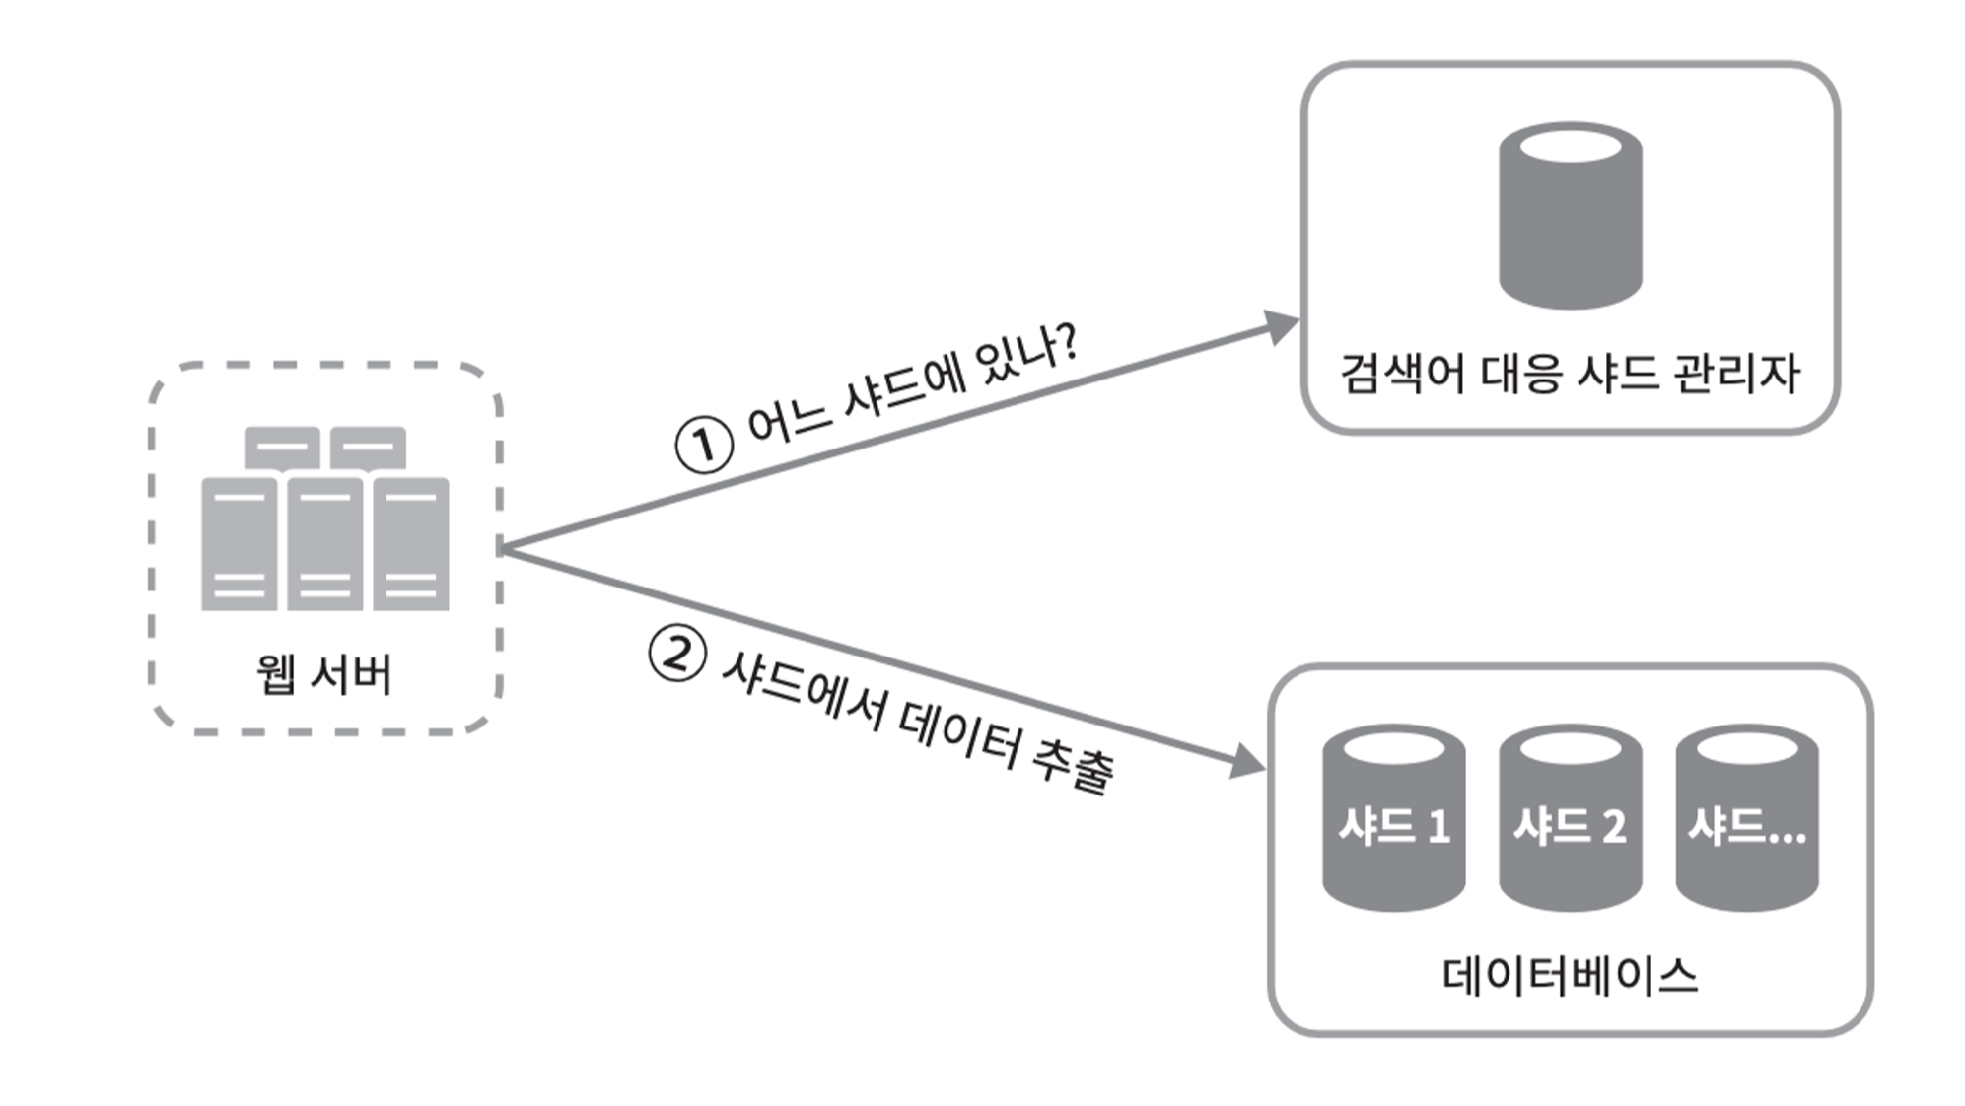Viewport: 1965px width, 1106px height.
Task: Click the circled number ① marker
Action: tap(704, 445)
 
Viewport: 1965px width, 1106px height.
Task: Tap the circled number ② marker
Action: tap(677, 655)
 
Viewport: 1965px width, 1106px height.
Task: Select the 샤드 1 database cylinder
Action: tap(1393, 818)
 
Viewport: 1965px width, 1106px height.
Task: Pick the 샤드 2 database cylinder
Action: tap(1570, 818)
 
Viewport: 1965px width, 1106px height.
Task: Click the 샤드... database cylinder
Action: tap(1746, 818)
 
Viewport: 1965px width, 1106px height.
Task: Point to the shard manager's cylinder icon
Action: tap(1570, 216)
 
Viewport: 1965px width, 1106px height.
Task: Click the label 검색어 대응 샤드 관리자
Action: tap(1570, 374)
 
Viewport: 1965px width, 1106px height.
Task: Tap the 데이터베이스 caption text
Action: tap(1570, 976)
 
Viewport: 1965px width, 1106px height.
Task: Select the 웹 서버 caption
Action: tap(324, 674)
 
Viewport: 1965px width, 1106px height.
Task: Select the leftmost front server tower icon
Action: tap(239, 544)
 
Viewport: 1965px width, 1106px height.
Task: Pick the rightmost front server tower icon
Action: tap(411, 544)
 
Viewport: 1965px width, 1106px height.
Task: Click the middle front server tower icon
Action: tap(324, 544)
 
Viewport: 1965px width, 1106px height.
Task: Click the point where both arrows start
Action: tap(503, 548)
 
